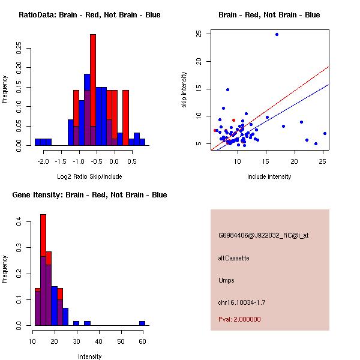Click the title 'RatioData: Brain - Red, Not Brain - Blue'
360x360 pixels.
pyautogui.click(x=89, y=15)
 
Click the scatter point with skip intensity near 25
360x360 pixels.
pyautogui.click(x=277, y=34)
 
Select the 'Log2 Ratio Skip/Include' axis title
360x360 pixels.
pyautogui.click(x=89, y=176)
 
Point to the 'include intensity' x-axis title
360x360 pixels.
pyautogui.click(x=269, y=176)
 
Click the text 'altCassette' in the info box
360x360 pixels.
pyautogui.click(x=234, y=258)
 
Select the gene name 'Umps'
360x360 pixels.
pyautogui.click(x=226, y=280)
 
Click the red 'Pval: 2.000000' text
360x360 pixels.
pyautogui.click(x=239, y=319)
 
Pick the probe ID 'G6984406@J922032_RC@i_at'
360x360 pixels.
pyautogui.click(x=263, y=235)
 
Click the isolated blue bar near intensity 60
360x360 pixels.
pyautogui.click(x=142, y=323)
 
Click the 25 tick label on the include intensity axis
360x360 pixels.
pyautogui.click(x=323, y=162)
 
